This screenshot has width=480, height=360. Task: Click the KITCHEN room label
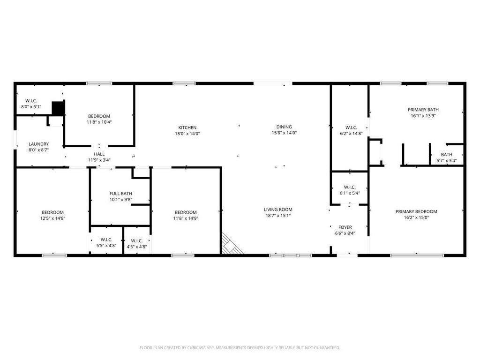(x=187, y=127)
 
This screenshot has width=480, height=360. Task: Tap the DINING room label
(x=284, y=127)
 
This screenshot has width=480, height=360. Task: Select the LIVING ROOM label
(x=278, y=210)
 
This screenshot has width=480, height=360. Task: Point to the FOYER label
(x=345, y=227)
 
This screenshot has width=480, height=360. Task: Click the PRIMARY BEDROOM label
(x=416, y=211)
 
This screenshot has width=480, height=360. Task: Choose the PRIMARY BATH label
(x=423, y=110)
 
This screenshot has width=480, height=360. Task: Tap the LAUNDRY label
(x=38, y=144)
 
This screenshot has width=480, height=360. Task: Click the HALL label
(x=99, y=154)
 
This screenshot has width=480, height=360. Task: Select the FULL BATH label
(x=120, y=194)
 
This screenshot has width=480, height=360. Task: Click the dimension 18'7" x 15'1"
(x=278, y=216)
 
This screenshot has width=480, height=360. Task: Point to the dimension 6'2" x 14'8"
(x=351, y=134)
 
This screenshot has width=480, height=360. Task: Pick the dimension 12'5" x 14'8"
(x=52, y=218)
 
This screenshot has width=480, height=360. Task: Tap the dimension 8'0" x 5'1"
(x=31, y=106)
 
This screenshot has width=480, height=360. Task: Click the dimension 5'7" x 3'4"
(x=446, y=160)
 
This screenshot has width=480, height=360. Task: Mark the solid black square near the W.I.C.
(x=58, y=108)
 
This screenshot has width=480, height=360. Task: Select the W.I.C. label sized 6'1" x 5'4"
(x=350, y=187)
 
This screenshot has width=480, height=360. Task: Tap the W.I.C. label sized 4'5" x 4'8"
(x=136, y=241)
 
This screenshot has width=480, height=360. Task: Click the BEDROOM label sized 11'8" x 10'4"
(x=99, y=116)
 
